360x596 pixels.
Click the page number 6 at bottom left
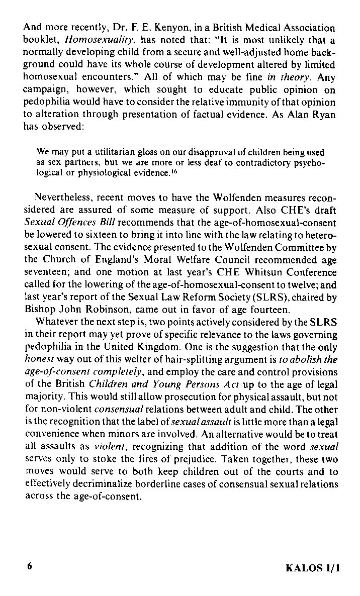tap(30, 566)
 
